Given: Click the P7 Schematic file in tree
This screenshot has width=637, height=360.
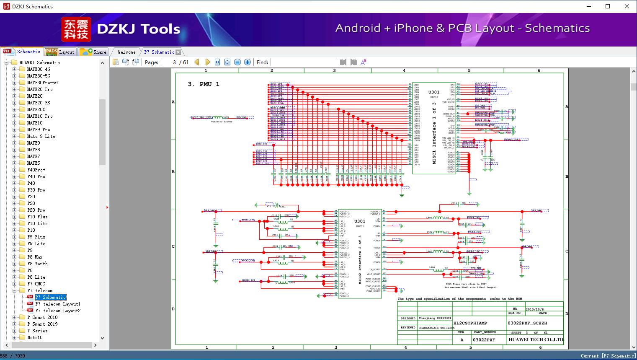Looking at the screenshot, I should (50, 297).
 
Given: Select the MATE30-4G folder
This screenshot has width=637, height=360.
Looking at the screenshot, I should (38, 69).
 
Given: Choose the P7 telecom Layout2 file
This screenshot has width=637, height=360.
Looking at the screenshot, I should (58, 311).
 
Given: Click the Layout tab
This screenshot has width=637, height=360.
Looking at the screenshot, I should (60, 52).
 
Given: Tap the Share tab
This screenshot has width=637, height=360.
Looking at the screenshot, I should (93, 52).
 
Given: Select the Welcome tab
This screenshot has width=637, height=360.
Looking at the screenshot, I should (126, 52).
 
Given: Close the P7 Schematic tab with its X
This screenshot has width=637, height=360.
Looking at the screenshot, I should (178, 52).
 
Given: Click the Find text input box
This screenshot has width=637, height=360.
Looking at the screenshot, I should (304, 62).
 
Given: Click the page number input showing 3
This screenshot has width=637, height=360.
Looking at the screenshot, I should (169, 62).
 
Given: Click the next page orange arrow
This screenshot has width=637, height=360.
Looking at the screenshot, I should (207, 62).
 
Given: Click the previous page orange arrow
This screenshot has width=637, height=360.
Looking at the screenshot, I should (197, 62).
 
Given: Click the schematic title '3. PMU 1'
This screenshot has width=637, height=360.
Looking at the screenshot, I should (204, 84).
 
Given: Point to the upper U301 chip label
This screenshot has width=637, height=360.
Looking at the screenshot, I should (434, 92).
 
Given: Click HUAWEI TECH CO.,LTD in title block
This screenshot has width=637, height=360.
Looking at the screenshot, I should (536, 339).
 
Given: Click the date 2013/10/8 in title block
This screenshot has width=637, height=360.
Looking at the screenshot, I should (535, 309).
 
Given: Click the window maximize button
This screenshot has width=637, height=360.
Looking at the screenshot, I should (608, 6).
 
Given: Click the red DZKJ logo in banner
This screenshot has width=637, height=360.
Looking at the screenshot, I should (76, 29).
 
